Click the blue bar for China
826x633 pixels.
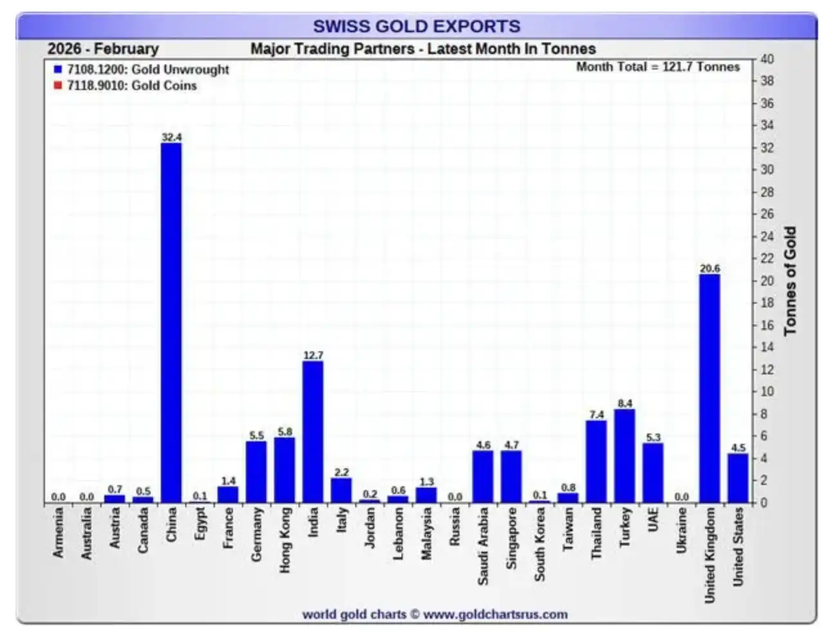(x=171, y=322)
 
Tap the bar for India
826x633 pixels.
(x=313, y=431)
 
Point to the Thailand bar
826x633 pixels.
(x=596, y=461)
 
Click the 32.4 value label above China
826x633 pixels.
(x=172, y=137)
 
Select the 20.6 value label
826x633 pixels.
(x=710, y=268)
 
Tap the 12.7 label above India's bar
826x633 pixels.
(x=313, y=355)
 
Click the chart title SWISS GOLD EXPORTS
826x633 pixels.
(x=416, y=26)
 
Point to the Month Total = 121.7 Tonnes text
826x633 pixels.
(x=657, y=67)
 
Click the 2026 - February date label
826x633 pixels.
(x=103, y=49)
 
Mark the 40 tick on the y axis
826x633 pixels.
(x=767, y=59)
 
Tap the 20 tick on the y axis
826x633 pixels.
(x=767, y=280)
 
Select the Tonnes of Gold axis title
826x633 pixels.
(x=790, y=280)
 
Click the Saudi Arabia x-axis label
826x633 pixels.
(x=483, y=546)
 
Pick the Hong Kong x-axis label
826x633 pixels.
(x=285, y=540)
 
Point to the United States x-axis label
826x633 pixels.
(x=738, y=546)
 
